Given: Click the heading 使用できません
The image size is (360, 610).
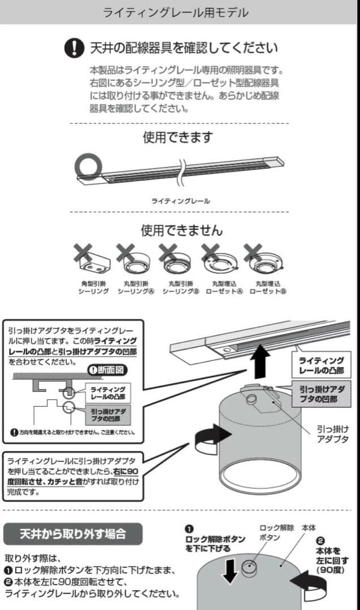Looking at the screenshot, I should tap(181, 230).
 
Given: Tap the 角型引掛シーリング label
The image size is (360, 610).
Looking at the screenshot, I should tap(93, 287).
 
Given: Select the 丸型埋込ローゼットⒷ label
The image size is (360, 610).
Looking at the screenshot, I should tap(267, 287).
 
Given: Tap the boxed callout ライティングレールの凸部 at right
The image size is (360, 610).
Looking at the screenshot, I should tap(320, 365).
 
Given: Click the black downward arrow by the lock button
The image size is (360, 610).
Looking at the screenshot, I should tap(230, 569).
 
